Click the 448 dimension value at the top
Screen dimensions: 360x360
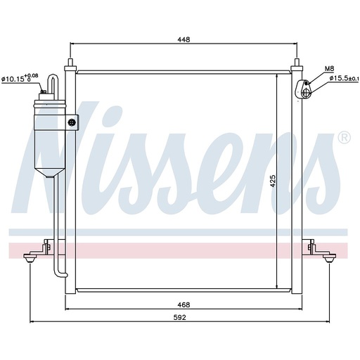[x=184, y=39]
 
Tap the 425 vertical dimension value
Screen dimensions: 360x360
[x=273, y=181]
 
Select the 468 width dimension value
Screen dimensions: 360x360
[x=184, y=304]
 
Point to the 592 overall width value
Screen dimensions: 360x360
[x=180, y=317]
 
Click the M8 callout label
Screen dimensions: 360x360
[x=329, y=69]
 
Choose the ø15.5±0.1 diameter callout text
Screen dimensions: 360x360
[x=344, y=79]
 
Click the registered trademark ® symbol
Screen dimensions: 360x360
[x=345, y=137]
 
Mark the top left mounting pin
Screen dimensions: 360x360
[x=70, y=63]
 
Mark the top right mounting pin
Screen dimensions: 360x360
[x=297, y=63]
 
